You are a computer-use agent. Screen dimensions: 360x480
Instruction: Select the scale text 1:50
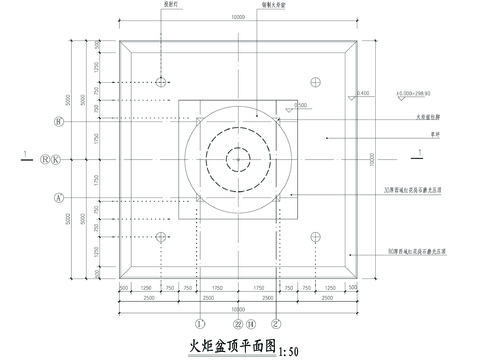tap(289, 351)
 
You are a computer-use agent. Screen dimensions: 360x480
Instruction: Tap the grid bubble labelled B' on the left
tap(60, 122)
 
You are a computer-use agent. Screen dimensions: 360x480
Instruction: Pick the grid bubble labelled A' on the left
tap(60, 198)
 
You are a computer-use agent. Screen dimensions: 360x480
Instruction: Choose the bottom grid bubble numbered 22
tap(237, 324)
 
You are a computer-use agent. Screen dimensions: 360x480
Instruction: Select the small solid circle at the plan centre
tap(238, 159)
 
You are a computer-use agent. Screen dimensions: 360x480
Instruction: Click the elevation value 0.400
tap(362, 93)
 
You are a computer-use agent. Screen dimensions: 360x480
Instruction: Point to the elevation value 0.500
tap(301, 104)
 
